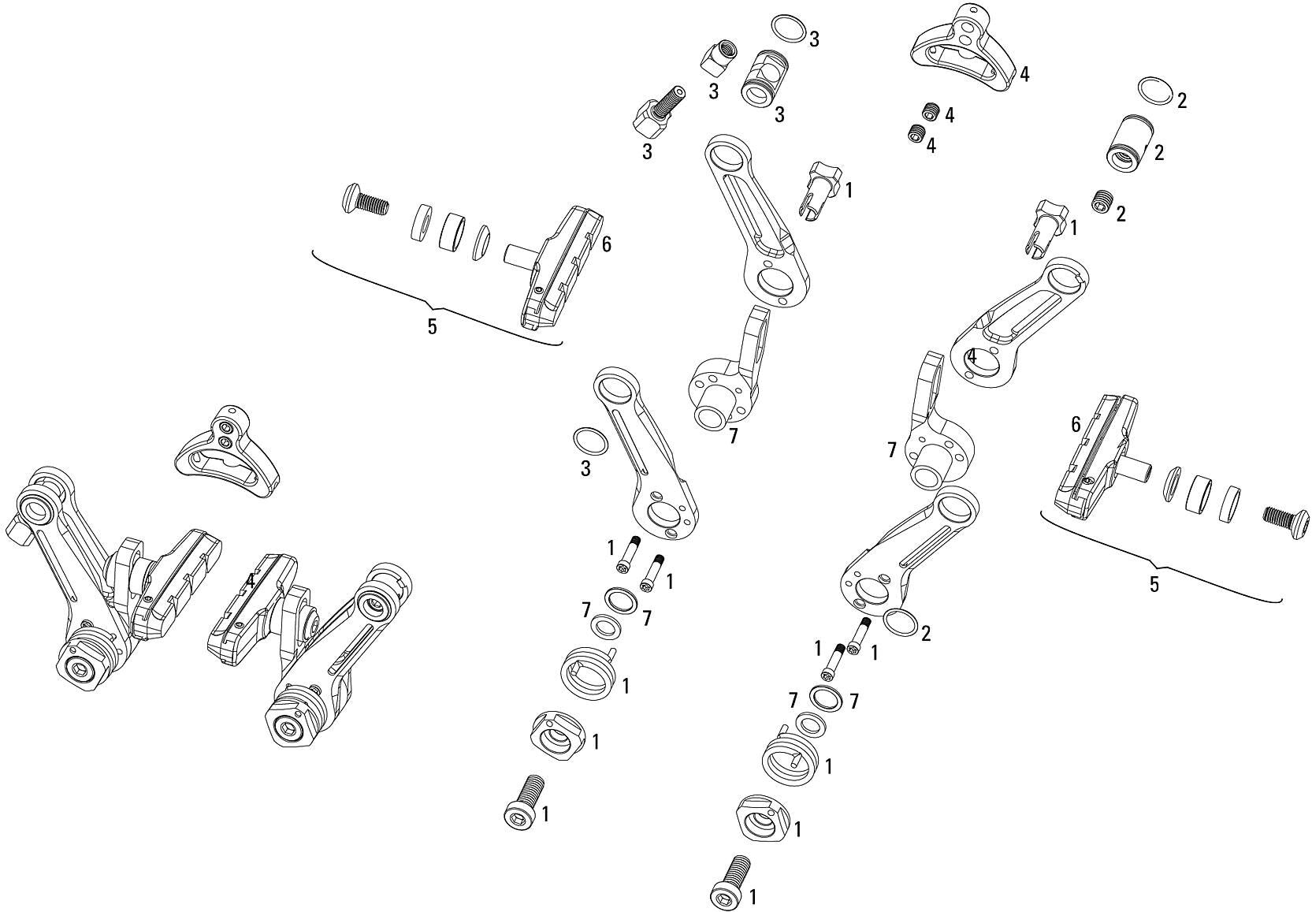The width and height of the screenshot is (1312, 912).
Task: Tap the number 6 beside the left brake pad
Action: click(606, 244)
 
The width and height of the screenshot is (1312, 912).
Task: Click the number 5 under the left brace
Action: click(432, 326)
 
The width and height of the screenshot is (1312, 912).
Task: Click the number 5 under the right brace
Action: click(1154, 585)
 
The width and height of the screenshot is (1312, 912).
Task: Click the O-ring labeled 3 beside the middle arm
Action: click(591, 441)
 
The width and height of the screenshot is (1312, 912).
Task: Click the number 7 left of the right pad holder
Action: click(892, 450)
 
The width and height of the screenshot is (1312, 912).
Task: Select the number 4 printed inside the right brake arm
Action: click(972, 356)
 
